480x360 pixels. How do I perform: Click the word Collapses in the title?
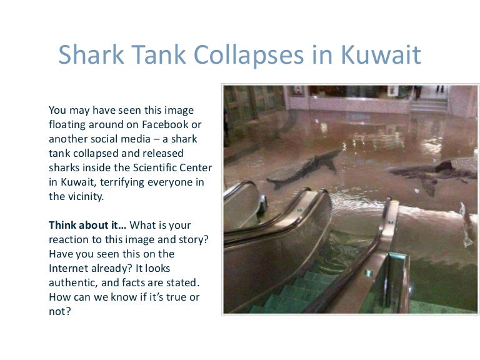tap(249, 55)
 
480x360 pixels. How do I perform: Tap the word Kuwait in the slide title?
tap(381, 55)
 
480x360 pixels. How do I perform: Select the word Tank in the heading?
tap(159, 55)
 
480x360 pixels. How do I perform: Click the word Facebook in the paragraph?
tap(165, 124)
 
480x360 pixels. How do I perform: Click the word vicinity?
tap(86, 196)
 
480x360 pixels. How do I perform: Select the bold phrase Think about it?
tap(87, 225)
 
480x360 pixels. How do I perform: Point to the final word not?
tap(60, 312)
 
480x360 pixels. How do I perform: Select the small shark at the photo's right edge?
tap(467, 224)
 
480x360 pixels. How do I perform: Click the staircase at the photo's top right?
tap(429, 105)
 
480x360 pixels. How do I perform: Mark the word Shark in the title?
tap(91, 55)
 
